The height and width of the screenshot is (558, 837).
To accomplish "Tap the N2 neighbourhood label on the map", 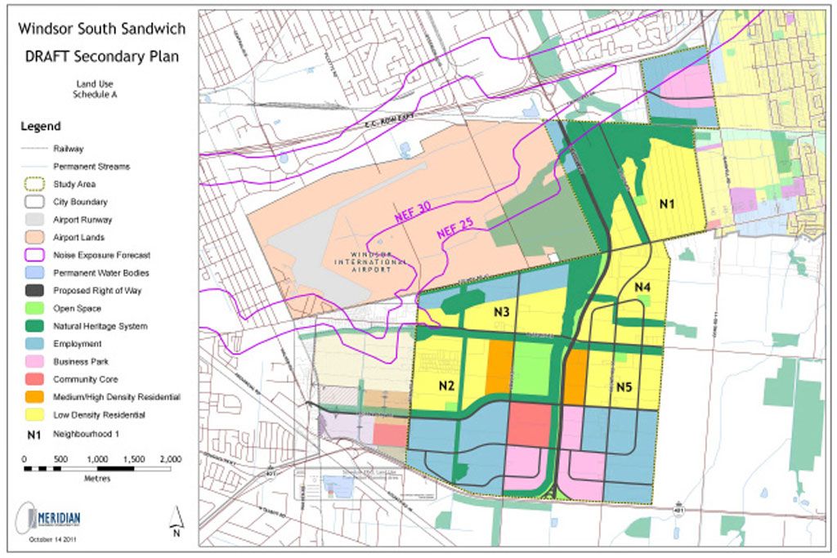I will pos(446,386).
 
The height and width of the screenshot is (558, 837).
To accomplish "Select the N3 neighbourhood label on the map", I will pos(502,312).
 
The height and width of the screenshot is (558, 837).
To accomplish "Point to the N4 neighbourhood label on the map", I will pos(642,288).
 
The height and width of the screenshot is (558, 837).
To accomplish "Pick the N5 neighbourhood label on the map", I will pos(626,386).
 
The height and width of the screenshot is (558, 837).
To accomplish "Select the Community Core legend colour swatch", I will pos(34,379).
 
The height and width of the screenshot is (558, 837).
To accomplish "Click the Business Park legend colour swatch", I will pos(34,361).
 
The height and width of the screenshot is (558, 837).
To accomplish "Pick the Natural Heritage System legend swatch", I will pos(34,326).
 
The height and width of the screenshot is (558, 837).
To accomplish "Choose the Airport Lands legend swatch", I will pos(34,237).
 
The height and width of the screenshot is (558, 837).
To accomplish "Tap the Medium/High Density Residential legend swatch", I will pos(34,397).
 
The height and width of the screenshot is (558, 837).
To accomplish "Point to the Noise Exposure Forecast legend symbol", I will pos(34,255).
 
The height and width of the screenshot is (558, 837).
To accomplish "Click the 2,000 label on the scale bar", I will pos(170,458).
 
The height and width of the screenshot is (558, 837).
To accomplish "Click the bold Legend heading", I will pos(40,127).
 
